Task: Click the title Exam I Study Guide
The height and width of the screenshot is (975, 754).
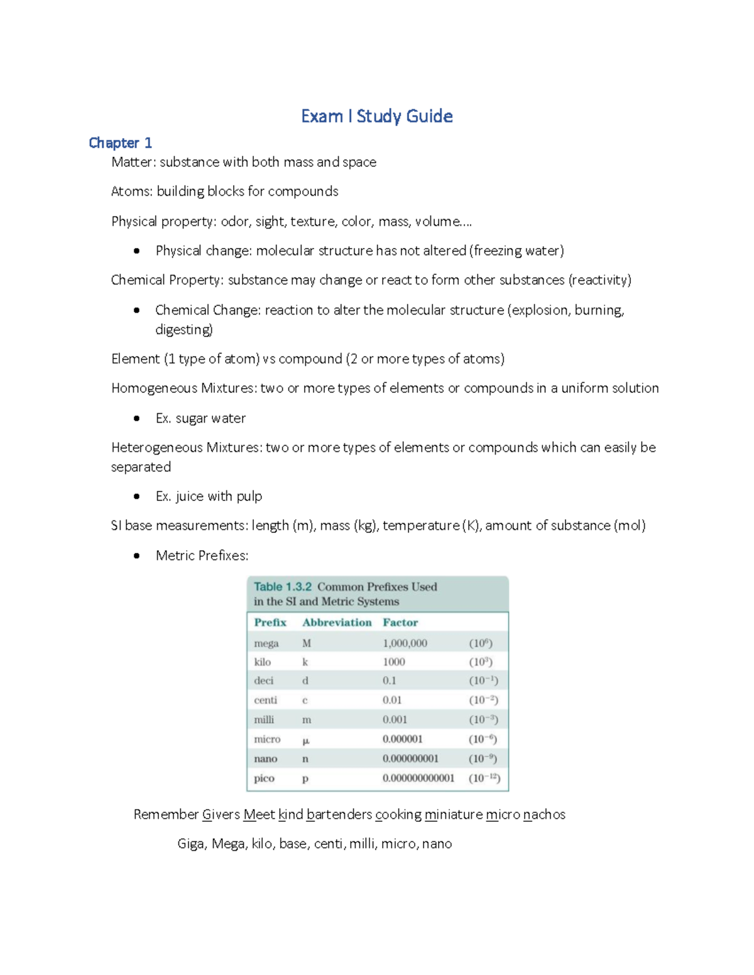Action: click(376, 116)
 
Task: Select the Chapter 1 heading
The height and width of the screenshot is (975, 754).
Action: click(120, 143)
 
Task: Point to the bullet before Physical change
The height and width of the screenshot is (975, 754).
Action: click(136, 251)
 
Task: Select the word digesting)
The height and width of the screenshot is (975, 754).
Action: click(183, 330)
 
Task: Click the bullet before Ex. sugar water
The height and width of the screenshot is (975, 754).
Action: click(136, 419)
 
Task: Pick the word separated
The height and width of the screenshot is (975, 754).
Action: click(141, 467)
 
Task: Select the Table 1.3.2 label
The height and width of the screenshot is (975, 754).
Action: click(282, 587)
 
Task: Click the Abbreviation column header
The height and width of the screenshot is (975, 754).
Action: click(337, 623)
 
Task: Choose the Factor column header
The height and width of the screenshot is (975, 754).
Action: click(400, 623)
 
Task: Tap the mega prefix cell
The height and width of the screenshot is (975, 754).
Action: click(266, 644)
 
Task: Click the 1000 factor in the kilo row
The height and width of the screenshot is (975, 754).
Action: click(394, 662)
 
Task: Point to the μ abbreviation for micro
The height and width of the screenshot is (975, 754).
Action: click(306, 740)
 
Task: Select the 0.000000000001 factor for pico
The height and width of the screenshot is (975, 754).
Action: click(418, 778)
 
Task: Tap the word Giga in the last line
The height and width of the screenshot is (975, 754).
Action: click(191, 844)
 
